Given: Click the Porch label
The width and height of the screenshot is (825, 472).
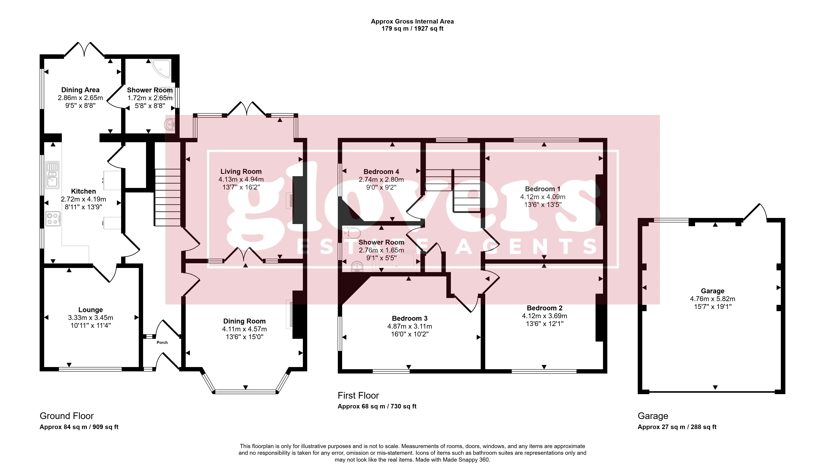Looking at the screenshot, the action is (x=162, y=342).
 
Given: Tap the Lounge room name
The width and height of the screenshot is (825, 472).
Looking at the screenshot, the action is (x=90, y=310).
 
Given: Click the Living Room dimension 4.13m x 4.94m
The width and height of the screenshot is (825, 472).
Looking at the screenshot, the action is (x=241, y=179).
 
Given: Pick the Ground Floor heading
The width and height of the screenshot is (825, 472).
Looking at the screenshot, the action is (x=67, y=416).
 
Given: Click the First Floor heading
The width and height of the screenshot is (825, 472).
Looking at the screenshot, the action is (x=358, y=395).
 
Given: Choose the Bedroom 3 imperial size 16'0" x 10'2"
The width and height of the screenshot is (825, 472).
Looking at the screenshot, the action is (x=410, y=334).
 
